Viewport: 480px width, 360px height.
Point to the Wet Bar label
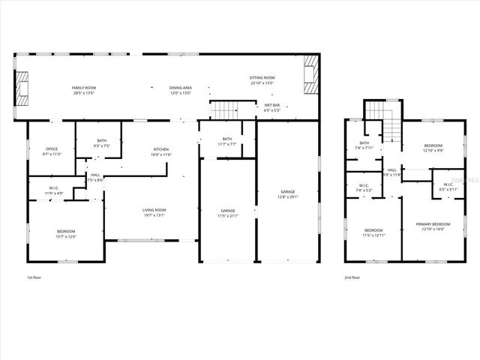pyautogui.click(x=271, y=107)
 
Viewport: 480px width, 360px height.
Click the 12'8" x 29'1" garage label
pyautogui.click(x=288, y=194)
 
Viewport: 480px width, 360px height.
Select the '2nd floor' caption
pyautogui.click(x=352, y=277)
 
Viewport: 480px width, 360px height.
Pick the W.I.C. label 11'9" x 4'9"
pyautogui.click(x=54, y=190)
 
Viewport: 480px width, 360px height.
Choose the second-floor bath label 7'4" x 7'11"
pyautogui.click(x=364, y=145)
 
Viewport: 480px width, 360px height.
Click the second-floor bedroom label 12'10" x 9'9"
pyautogui.click(x=433, y=148)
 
